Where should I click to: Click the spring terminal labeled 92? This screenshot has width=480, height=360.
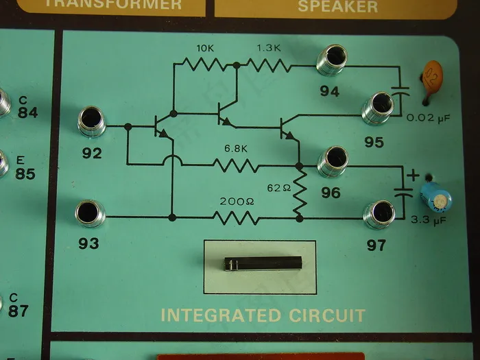point(92,121)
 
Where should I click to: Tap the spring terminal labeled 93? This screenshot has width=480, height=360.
point(91,213)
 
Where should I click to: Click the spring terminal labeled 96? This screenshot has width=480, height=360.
point(334,160)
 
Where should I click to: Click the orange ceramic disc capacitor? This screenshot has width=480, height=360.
point(433,75)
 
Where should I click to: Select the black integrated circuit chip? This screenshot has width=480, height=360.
point(261,264)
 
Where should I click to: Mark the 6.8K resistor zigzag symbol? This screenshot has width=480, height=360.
point(235,165)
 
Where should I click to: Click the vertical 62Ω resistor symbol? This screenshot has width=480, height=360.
point(299,193)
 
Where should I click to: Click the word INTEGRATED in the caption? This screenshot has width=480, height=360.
point(219,316)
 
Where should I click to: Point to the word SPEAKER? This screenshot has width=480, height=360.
point(337,6)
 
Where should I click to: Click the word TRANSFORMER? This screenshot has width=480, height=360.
point(117,4)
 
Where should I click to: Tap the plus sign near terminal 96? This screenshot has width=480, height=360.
point(412,174)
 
